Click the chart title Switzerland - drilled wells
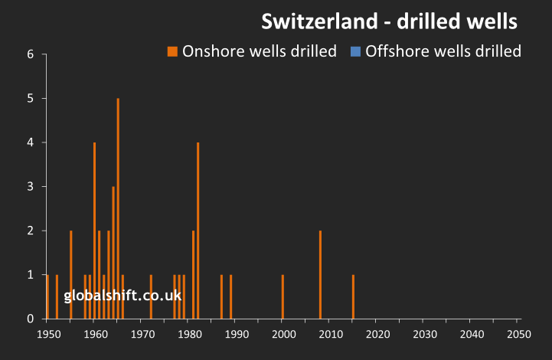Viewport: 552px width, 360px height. [390, 21]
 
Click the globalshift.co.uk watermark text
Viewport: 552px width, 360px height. [122, 295]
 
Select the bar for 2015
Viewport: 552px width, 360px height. [353, 296]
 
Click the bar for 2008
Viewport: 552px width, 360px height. [320, 274]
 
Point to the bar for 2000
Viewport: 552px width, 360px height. [283, 296]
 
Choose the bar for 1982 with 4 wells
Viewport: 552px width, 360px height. [198, 230]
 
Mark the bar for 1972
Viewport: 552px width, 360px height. [151, 296]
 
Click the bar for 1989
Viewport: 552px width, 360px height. [230, 296]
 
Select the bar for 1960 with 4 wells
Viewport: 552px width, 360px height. [94, 230]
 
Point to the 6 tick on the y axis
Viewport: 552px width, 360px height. [30, 54]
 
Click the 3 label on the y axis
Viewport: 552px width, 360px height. [30, 187]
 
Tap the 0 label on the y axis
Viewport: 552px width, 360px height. [30, 319]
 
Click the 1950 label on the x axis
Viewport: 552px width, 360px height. [47, 334]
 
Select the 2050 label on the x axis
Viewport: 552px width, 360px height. [519, 334]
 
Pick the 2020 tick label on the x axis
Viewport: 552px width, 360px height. [377, 334]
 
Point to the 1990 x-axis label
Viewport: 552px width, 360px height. [236, 334]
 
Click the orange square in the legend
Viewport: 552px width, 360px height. [172, 51]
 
